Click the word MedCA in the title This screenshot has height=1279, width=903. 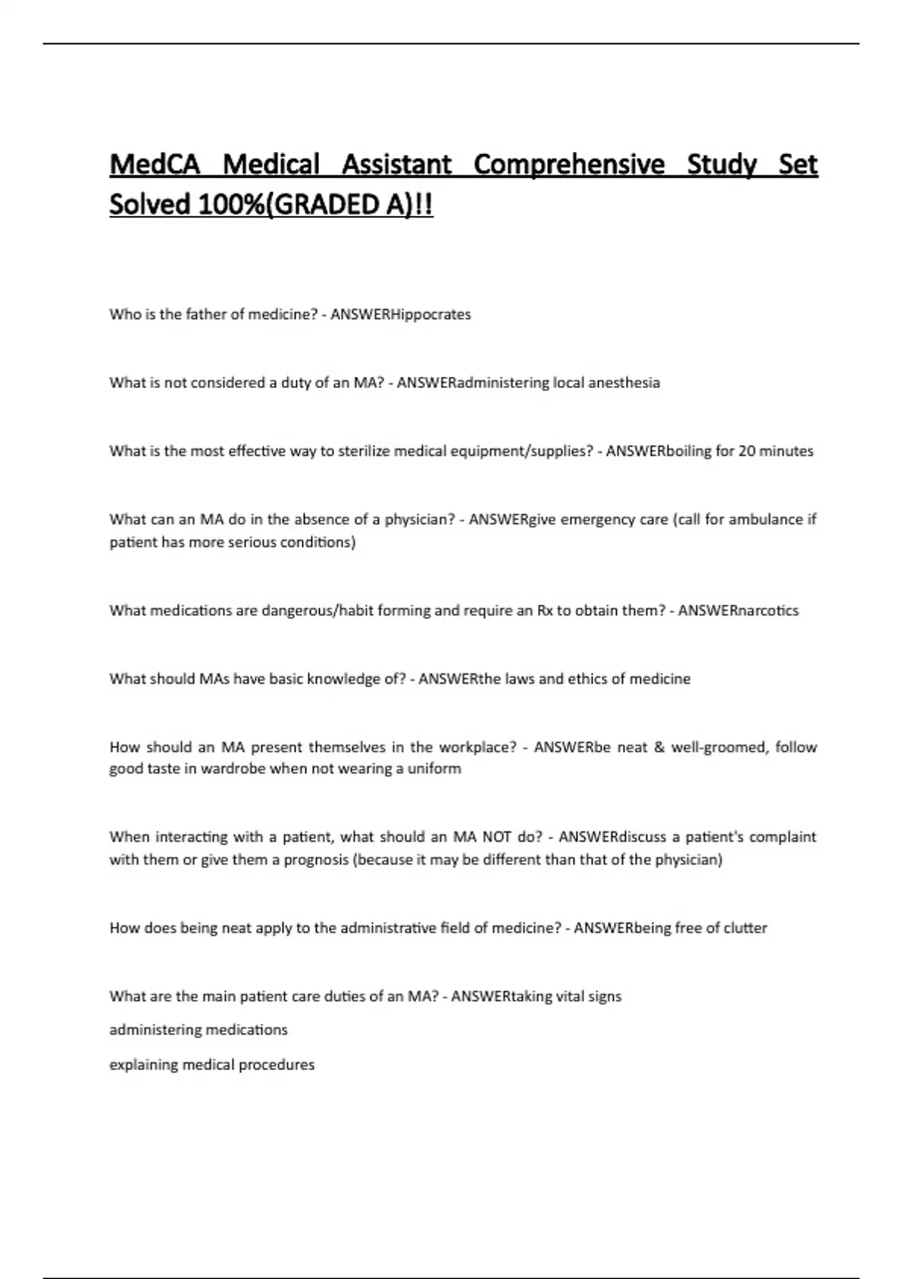pyautogui.click(x=154, y=164)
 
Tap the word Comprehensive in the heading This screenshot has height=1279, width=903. pyautogui.click(x=569, y=164)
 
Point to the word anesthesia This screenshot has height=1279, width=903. pyautogui.click(x=624, y=383)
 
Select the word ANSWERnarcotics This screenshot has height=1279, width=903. pyautogui.click(x=738, y=611)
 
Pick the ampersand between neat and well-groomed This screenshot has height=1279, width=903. pyautogui.click(x=659, y=747)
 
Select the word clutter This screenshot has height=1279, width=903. pyautogui.click(x=745, y=928)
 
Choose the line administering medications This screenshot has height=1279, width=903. pyautogui.click(x=198, y=1030)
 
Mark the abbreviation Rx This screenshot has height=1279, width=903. pyautogui.click(x=544, y=611)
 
